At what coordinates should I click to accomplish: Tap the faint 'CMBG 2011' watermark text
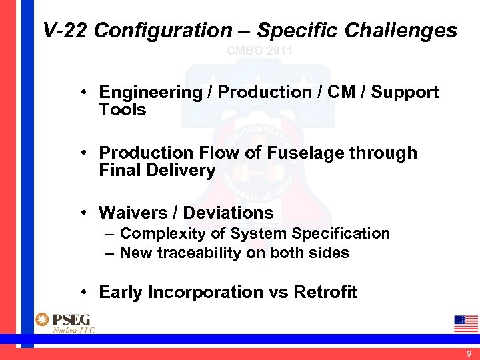(x=260, y=51)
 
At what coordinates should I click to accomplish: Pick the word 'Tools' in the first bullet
(x=123, y=110)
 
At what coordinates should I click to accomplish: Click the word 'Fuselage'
(x=304, y=153)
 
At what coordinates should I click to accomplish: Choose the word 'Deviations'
(x=228, y=213)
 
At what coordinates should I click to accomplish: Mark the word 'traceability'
(x=208, y=253)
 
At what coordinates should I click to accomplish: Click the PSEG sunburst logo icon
(x=43, y=320)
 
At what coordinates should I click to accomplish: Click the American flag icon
(x=466, y=323)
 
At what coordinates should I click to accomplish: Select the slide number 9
(x=469, y=354)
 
